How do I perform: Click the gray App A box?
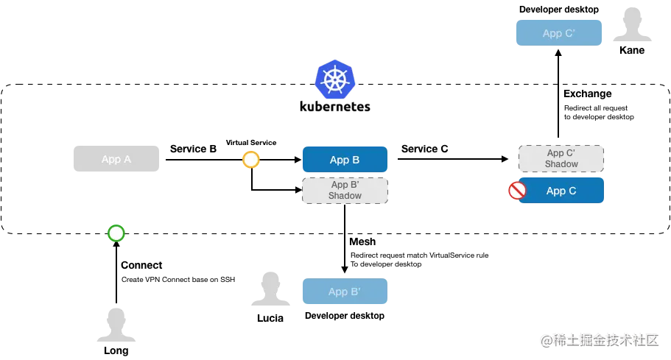(115, 159)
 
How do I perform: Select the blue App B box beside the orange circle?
(344, 160)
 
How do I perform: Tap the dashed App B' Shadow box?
(344, 191)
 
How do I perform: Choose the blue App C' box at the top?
(559, 33)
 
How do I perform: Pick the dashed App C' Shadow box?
(561, 158)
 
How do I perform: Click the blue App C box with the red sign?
(562, 191)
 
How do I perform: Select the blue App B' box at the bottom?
(344, 292)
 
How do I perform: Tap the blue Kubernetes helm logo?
(335, 80)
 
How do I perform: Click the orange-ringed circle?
(251, 160)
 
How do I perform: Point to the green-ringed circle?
(116, 233)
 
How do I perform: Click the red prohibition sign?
(517, 191)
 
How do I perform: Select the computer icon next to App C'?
(633, 24)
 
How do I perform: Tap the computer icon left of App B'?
(270, 288)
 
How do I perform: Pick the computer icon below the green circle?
(116, 324)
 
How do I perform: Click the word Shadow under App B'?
(345, 196)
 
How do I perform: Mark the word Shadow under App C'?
(561, 163)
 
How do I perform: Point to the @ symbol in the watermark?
(546, 339)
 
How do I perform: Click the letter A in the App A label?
(127, 159)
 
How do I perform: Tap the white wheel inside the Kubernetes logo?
(335, 80)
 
